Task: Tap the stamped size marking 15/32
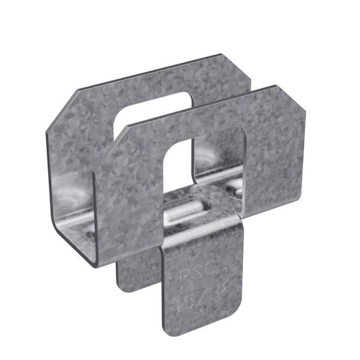(x=194, y=297)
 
